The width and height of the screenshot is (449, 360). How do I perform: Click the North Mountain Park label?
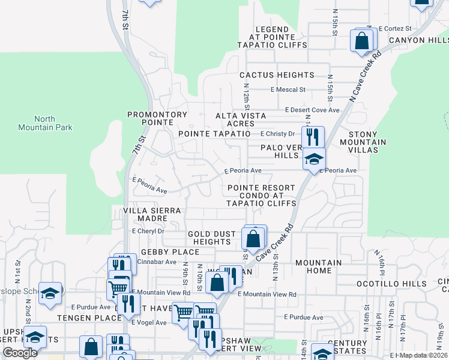[x=53, y=123]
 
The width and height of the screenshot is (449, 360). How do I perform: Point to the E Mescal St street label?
[x=288, y=89]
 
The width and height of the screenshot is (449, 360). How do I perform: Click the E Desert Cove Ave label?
[x=312, y=110]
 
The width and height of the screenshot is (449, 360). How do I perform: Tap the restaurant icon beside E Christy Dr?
[x=312, y=136]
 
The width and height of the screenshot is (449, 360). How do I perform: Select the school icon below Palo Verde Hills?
[x=313, y=160]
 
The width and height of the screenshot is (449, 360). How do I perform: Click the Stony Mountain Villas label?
[x=363, y=138]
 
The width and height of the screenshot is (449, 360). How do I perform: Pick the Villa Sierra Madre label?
[x=152, y=215]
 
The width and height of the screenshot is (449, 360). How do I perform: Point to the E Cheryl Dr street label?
[x=148, y=231]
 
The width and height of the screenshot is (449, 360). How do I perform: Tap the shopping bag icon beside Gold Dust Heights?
[x=253, y=238]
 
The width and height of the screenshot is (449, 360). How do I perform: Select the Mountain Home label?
[x=318, y=266]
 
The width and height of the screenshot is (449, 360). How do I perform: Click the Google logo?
[x=20, y=353]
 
